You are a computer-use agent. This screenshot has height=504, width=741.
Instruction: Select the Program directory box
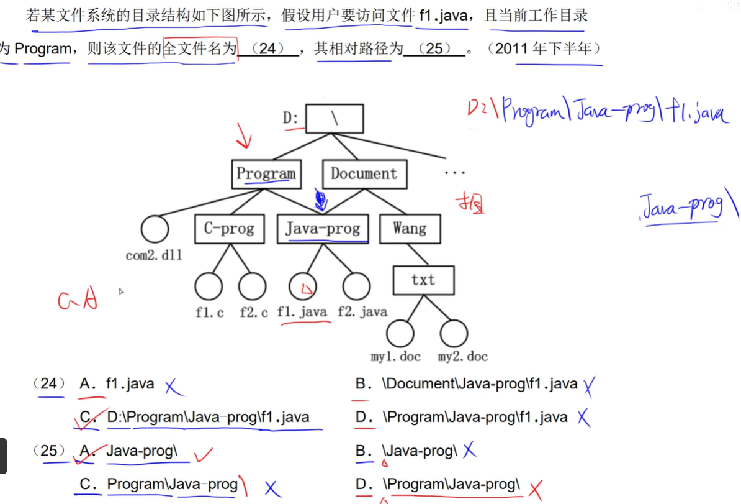click(266, 173)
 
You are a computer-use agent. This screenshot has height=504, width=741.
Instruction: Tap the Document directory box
click(364, 173)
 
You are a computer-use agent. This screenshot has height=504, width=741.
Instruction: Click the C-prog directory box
click(229, 229)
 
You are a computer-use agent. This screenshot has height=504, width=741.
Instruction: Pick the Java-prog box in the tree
click(323, 229)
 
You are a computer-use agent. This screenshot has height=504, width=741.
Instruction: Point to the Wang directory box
click(410, 229)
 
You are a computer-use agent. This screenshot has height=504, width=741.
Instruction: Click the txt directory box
click(423, 280)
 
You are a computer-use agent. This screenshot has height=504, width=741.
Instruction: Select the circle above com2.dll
click(155, 229)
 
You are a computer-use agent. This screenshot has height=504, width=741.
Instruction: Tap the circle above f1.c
click(209, 287)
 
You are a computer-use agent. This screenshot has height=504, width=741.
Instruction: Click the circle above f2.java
click(356, 287)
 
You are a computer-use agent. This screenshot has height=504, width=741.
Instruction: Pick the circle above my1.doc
click(400, 334)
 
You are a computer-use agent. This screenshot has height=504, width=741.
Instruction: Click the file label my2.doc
click(462, 357)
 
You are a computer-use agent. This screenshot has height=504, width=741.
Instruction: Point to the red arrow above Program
click(243, 135)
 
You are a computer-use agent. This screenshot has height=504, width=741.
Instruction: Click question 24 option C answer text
click(208, 417)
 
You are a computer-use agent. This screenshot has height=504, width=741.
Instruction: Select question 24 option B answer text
click(481, 384)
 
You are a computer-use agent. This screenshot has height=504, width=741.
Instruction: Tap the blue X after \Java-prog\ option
click(469, 451)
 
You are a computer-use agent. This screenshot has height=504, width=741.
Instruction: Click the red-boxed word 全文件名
click(200, 48)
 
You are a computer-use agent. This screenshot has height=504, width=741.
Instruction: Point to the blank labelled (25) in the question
click(434, 48)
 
